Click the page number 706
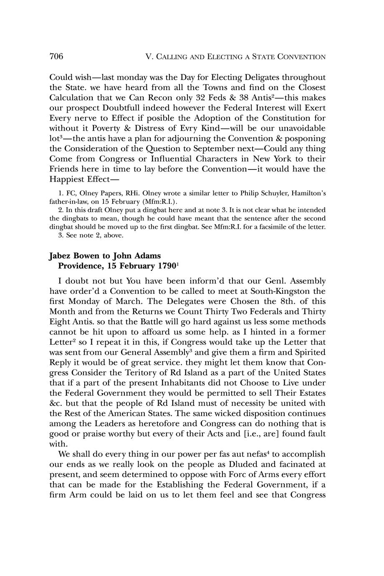click(56, 56)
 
